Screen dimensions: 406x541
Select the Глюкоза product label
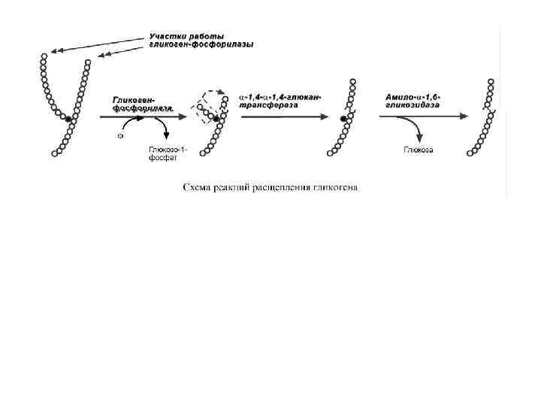[418, 150]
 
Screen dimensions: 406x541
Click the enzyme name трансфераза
[267, 106]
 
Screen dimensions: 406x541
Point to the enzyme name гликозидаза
[413, 106]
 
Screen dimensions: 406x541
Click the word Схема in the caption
[198, 187]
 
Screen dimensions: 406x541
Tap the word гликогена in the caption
[337, 187]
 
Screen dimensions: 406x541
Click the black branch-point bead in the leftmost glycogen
[68, 119]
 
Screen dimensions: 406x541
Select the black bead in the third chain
[343, 119]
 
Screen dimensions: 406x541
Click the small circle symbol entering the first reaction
[120, 137]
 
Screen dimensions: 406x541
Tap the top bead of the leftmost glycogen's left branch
[44, 56]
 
